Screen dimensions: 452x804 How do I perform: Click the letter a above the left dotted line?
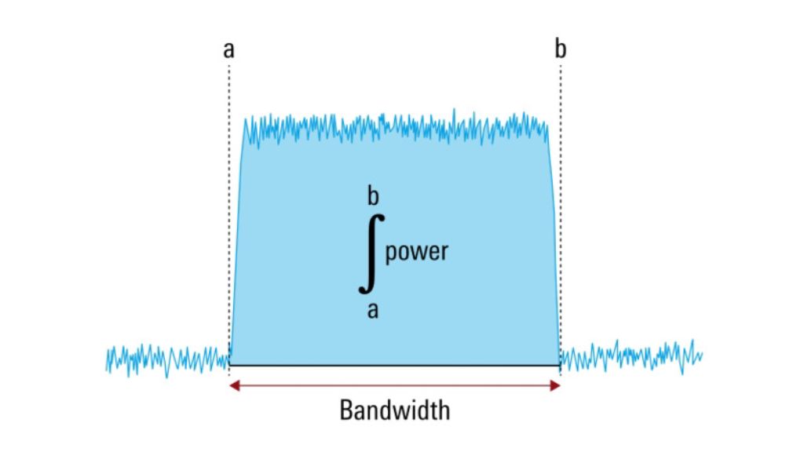228,50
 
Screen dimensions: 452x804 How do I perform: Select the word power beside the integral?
416,252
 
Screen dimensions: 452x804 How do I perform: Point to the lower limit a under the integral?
373,310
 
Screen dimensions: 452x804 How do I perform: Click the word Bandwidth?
395,410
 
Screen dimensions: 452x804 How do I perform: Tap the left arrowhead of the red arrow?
233,385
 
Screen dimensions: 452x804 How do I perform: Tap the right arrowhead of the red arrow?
556,385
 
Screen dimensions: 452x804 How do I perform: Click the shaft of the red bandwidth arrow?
393,385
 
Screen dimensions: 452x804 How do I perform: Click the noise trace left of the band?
165,358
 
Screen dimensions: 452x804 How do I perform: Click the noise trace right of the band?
628,355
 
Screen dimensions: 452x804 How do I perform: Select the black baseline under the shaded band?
393,365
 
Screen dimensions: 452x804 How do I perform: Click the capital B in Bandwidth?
345,410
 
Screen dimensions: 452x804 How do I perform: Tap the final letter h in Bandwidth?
444,409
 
